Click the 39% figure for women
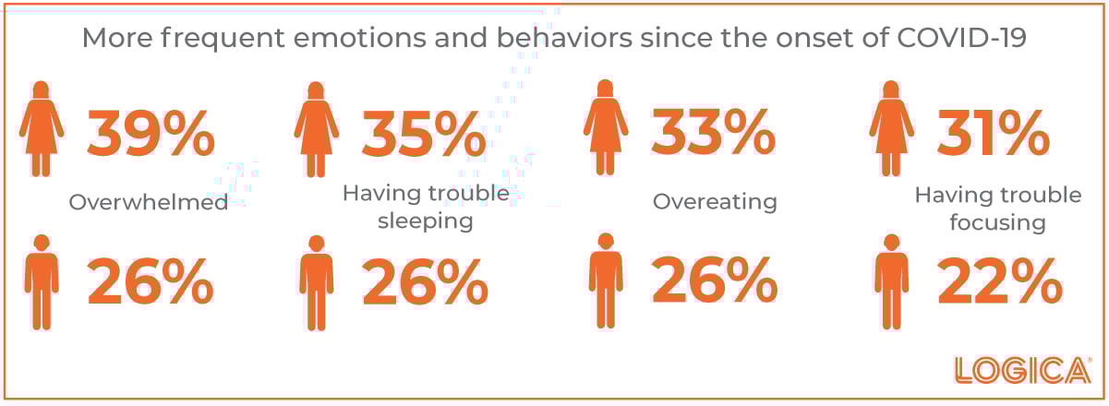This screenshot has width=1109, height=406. coord(151,134)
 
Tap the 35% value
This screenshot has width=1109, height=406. coord(424,134)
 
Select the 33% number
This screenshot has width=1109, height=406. coord(714,132)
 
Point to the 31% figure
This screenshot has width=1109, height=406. coord(994,133)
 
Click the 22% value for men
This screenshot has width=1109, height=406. coord(1000,281)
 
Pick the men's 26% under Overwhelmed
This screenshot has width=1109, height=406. coord(151,281)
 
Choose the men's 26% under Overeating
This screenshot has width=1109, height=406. coord(715,279)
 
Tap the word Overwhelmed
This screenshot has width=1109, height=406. coord(149,202)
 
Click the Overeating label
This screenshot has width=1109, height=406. coord(715,202)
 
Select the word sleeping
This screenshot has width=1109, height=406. coord(426,221)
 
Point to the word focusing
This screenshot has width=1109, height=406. coord(997,222)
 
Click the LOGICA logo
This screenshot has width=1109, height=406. coord(1023,370)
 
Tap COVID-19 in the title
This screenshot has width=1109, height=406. coord(961,38)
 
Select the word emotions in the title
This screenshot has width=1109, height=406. coord(360,38)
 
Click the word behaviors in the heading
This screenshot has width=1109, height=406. coord(564,38)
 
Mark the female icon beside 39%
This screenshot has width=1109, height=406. coord(42,128)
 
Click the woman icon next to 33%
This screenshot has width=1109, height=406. coord(606,127)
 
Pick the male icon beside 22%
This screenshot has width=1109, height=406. coord(892,281)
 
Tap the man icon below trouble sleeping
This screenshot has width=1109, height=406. coord(317,283)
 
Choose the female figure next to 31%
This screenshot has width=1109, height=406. coord(891,128)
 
